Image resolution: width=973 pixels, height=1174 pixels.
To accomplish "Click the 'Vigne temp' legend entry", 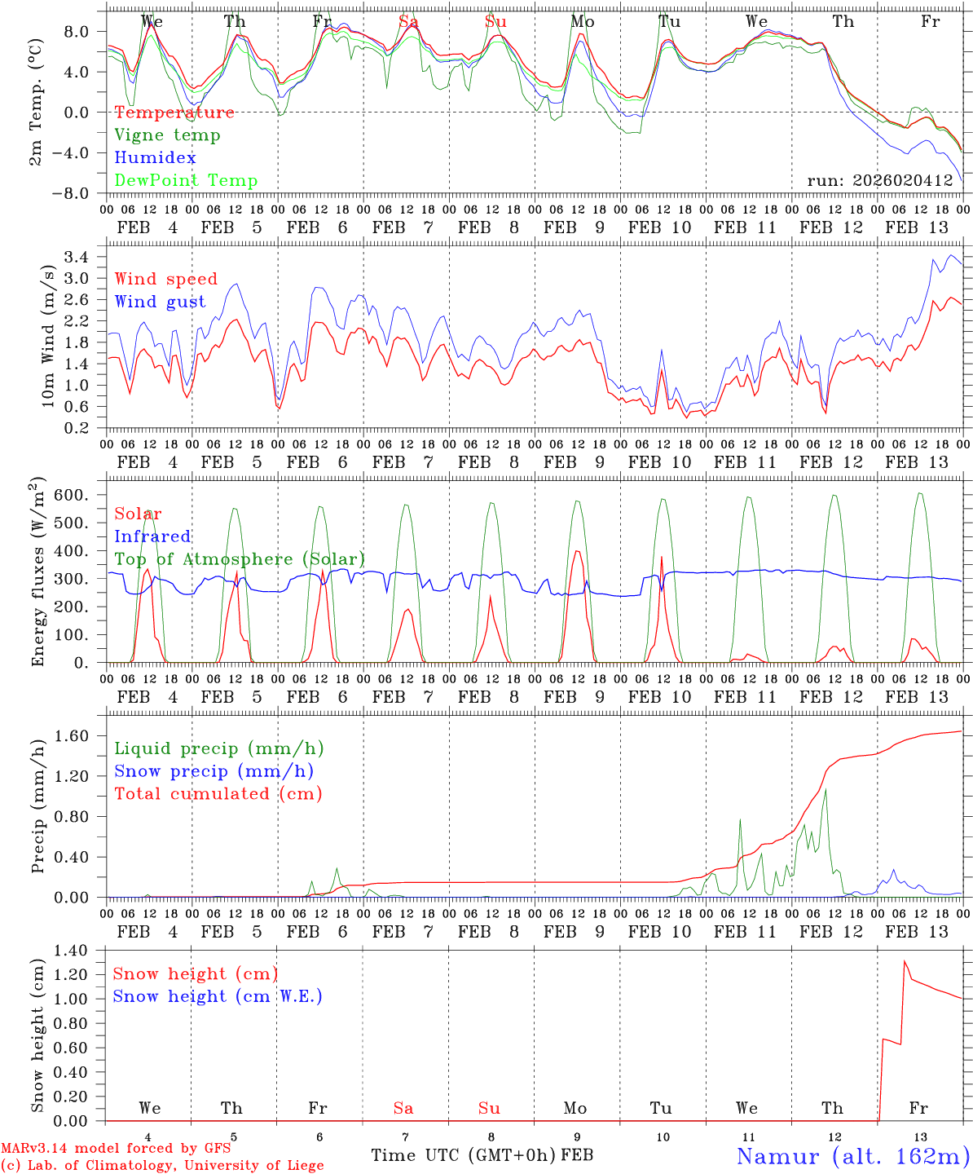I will tap(167, 135).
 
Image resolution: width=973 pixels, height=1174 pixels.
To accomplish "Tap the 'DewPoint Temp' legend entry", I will tap(186, 181).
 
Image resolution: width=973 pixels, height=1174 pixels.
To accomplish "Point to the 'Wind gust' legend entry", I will tap(161, 302).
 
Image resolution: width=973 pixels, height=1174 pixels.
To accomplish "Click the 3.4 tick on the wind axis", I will tap(84, 258).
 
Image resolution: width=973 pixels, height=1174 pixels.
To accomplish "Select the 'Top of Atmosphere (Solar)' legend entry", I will tap(240, 559).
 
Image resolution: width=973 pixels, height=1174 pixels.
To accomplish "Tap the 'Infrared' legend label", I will tap(152, 536).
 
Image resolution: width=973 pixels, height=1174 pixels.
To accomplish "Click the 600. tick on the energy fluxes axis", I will tap(79, 495).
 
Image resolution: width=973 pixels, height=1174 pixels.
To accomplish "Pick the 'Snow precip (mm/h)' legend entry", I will tap(214, 771).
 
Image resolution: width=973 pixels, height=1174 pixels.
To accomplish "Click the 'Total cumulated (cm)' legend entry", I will tap(218, 794).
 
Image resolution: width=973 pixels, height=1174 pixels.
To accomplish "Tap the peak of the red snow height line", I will tap(905, 961).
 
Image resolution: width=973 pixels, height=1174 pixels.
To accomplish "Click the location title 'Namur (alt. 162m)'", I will tap(852, 1156).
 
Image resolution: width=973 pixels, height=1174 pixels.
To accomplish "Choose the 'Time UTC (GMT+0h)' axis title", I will tap(464, 1155).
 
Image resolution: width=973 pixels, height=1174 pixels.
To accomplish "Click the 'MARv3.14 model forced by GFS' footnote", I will tap(116, 1149).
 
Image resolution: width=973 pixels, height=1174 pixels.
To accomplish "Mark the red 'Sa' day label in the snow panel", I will tap(403, 1108).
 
